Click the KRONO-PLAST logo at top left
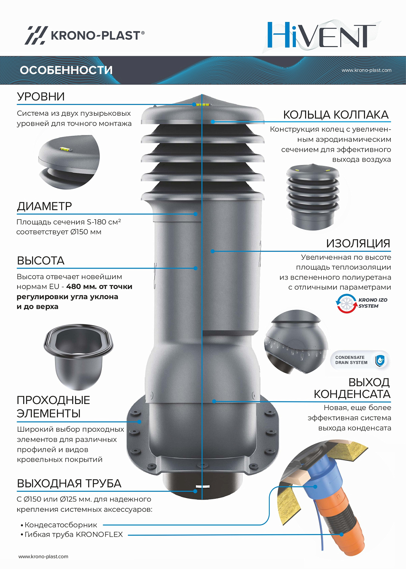click(x=85, y=35)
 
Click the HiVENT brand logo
click(x=322, y=35)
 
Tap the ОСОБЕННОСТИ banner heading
click(x=66, y=70)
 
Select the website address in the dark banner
click(x=367, y=70)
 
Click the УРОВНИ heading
click(x=41, y=96)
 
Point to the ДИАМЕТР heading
click(x=44, y=206)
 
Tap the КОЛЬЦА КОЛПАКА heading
click(x=336, y=115)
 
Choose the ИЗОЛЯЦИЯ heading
click(x=358, y=244)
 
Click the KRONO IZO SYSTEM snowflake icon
click(x=346, y=303)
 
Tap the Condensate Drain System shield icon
click(x=380, y=360)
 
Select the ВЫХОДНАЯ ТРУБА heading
click(x=69, y=483)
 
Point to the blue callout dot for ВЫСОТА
click(x=196, y=268)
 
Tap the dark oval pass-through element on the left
click(x=78, y=356)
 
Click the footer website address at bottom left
click(x=43, y=556)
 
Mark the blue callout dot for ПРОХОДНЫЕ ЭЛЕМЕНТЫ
click(x=139, y=422)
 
